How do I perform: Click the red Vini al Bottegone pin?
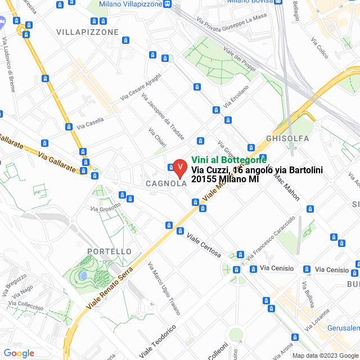click(x=179, y=168)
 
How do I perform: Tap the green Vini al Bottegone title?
click(x=229, y=160)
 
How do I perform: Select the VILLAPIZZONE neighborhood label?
click(x=87, y=32)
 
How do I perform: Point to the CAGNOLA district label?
click(x=166, y=183)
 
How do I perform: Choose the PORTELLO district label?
click(x=110, y=251)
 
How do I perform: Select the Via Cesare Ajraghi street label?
click(x=141, y=88)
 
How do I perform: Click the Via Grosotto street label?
click(x=105, y=207)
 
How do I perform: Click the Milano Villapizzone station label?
click(x=131, y=4)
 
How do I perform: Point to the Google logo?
click(x=18, y=353)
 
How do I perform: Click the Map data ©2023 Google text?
click(x=325, y=355)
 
